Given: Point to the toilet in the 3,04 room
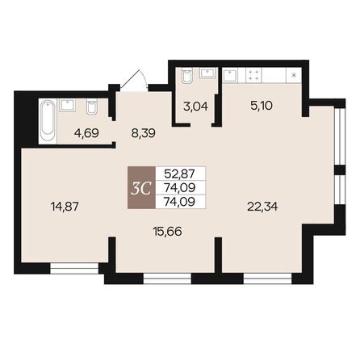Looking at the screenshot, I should point(186,75).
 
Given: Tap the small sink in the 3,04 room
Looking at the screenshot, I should point(208,73).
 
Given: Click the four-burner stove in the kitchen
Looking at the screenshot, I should point(253,75).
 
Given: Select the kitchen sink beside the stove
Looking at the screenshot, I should point(231,75).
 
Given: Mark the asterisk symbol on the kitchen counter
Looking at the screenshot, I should point(293,76).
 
